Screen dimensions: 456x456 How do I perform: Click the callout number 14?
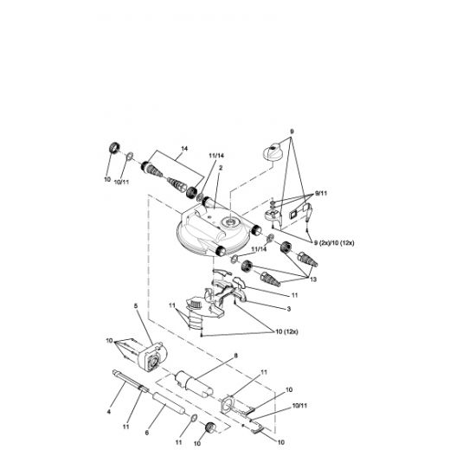(x=184, y=149)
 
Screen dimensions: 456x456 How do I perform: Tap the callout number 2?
(x=221, y=168)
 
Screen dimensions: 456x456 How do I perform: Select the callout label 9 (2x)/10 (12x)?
(x=334, y=243)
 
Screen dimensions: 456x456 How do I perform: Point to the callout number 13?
(x=313, y=279)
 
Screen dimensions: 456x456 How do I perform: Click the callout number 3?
(x=289, y=309)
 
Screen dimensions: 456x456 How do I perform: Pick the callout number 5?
(x=136, y=306)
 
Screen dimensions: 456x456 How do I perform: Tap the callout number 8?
(x=236, y=356)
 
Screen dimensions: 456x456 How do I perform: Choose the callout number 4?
(x=109, y=412)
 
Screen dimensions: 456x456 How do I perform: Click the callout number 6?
(x=146, y=433)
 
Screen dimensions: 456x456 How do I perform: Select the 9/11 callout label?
(x=321, y=193)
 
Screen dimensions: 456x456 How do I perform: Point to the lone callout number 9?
(x=292, y=132)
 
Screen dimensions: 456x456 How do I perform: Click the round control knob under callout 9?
(x=273, y=151)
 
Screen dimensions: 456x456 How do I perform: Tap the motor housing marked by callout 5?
(x=151, y=356)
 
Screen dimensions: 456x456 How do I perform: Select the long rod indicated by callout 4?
(x=131, y=382)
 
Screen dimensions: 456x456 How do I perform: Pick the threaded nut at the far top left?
(x=114, y=147)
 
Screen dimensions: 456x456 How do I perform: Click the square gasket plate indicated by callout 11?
(x=228, y=403)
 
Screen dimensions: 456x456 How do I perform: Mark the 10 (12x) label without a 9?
(x=286, y=331)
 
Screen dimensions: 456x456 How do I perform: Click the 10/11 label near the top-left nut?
(x=121, y=183)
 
